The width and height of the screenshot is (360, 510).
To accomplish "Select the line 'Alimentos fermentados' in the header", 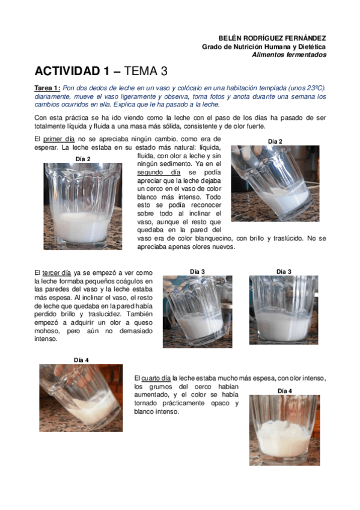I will pyautogui.click(x=289, y=55).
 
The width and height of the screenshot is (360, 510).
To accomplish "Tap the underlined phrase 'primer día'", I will pyautogui.click(x=58, y=139).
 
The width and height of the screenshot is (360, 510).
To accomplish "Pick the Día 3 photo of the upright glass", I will pyautogui.click(x=284, y=310).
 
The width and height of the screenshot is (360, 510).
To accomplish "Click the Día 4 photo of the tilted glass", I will pyautogui.click(x=81, y=397).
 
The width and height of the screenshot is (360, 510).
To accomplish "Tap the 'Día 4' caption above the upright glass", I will pyautogui.click(x=285, y=391).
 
